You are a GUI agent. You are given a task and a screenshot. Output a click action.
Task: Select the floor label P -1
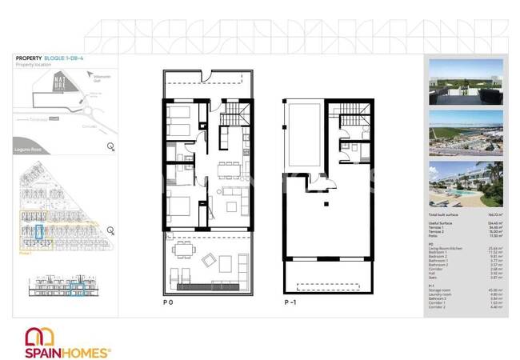tap(292, 302)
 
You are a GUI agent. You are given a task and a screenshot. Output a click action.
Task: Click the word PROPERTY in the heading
tap(29, 58)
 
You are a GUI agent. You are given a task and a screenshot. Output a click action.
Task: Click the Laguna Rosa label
tap(27, 147)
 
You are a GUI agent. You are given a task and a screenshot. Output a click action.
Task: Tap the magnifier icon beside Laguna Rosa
tap(110, 146)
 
